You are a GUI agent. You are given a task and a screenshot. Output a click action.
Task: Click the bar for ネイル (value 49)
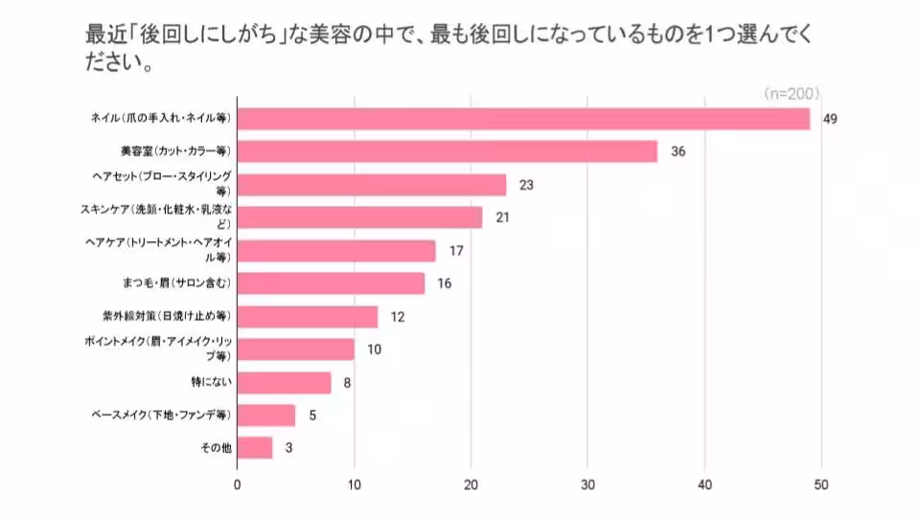click(523, 119)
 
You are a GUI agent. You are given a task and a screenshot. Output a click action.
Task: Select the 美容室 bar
click(447, 151)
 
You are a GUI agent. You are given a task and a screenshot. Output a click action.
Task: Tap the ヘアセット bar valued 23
click(371, 185)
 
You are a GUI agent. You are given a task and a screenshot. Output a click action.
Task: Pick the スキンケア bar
click(359, 217)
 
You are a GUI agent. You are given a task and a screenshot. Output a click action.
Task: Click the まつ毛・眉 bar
click(331, 283)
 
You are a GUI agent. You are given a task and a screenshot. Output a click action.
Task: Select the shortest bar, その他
click(255, 447)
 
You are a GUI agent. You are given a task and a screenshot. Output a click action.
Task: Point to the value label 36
click(678, 152)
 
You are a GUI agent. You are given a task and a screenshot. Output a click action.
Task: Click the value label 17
click(456, 251)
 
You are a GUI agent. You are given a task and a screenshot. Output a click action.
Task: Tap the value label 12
click(398, 316)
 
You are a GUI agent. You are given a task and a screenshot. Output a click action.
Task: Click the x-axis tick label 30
click(588, 484)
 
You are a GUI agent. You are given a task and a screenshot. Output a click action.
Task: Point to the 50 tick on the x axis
click(822, 484)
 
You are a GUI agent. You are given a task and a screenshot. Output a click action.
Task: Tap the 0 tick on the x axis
click(237, 484)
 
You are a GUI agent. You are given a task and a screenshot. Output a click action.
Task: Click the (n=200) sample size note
click(790, 94)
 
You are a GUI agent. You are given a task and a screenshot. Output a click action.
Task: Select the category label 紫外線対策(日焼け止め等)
click(167, 315)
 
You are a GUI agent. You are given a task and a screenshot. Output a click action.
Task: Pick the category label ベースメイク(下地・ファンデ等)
click(160, 415)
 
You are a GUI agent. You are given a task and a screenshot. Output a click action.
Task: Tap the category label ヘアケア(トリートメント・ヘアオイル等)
click(159, 251)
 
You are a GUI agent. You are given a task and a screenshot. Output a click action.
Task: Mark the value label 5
click(312, 415)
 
